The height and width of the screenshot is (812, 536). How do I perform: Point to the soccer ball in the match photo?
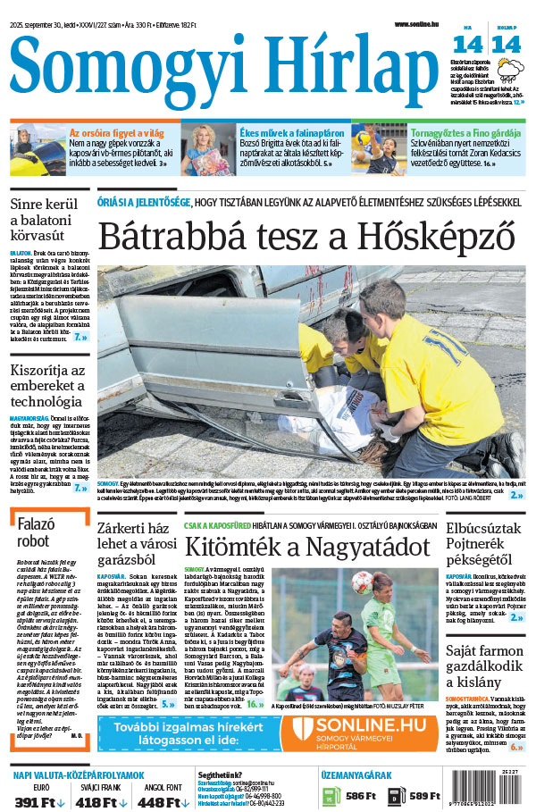point(362,582)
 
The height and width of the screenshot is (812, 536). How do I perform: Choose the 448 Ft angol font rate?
point(161,801)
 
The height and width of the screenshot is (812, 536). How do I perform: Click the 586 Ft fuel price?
point(361,796)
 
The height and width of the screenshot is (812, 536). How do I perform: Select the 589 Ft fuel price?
point(424,796)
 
